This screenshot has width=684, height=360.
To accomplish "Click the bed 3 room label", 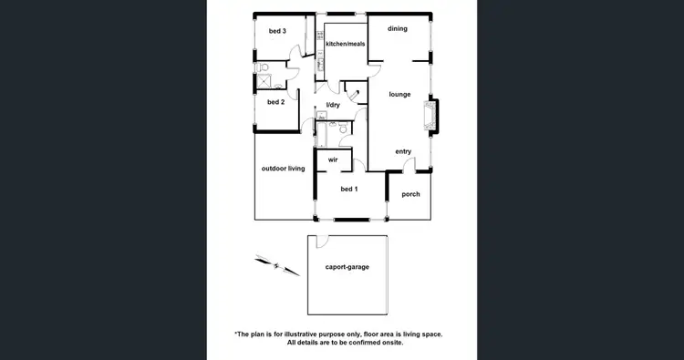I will (277, 32).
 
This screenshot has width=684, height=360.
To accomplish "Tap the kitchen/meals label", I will (345, 44).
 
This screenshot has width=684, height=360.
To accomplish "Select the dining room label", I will (397, 29).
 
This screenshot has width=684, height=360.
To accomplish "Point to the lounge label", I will (399, 94).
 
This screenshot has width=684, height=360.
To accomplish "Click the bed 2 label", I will (275, 102).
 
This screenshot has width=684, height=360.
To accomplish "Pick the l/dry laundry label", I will (333, 106).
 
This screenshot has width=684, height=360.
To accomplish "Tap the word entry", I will (403, 151).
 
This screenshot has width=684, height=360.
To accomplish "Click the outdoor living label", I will (283, 169).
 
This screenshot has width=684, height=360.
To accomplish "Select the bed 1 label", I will (348, 189).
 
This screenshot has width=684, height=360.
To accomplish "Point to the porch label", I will (410, 193).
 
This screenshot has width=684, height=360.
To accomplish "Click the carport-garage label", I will (347, 268).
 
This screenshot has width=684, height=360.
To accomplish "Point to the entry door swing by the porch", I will (409, 166).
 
